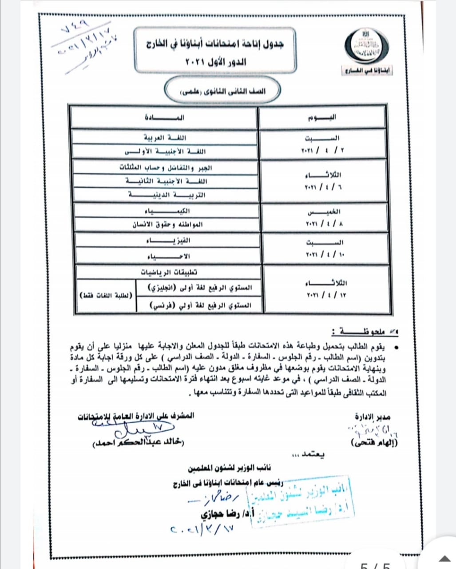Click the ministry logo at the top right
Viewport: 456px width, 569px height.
pos(366,47)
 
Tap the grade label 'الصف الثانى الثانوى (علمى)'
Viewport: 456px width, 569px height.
pos(222,91)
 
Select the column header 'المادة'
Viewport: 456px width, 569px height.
pos(164,118)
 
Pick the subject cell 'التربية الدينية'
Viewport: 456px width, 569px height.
pos(167,195)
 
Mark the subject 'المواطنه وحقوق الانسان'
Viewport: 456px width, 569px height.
pos(167,224)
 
